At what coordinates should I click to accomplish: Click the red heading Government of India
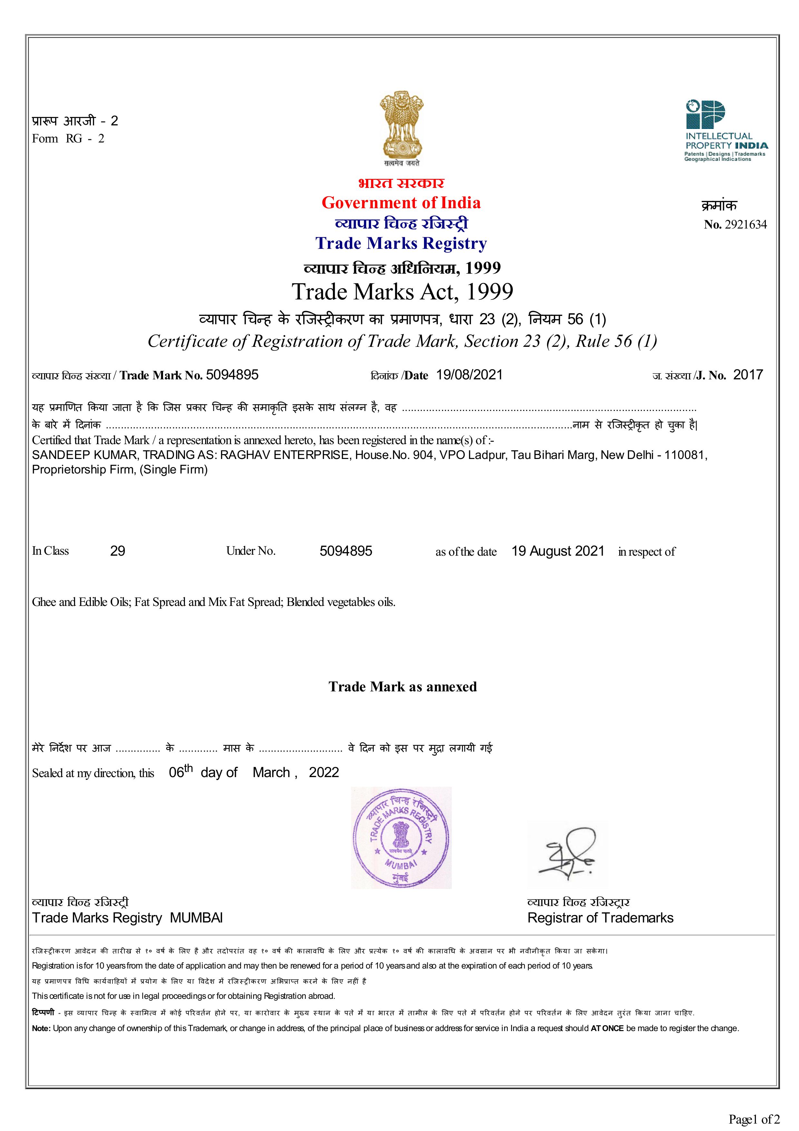[401, 202]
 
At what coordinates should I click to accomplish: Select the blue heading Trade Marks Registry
[401, 243]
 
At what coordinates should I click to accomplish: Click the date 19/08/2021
[469, 375]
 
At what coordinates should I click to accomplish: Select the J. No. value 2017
[748, 375]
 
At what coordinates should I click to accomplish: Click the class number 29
[118, 551]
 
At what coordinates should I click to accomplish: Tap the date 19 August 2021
[558, 551]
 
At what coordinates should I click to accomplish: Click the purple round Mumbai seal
[401, 838]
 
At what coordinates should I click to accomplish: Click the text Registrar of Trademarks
[600, 918]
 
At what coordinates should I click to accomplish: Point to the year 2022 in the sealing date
[324, 772]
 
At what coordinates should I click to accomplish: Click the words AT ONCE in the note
[607, 1028]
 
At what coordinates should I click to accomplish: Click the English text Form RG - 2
[68, 138]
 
